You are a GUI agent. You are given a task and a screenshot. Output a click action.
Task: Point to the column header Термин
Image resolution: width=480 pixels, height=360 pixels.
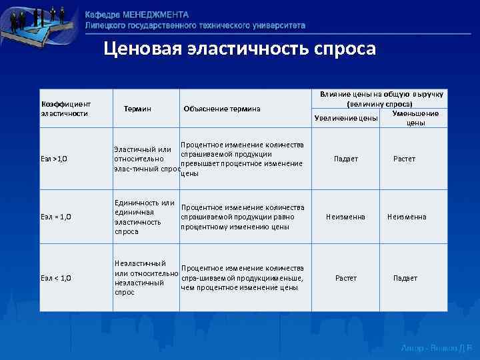point(137,109)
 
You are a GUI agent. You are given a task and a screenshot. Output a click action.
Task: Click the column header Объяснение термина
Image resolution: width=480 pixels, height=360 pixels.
point(222,109)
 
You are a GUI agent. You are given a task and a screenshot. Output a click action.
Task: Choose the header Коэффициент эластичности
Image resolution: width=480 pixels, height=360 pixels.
point(66,109)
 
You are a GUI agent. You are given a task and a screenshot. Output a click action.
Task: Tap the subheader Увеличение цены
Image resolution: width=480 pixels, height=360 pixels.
point(346,119)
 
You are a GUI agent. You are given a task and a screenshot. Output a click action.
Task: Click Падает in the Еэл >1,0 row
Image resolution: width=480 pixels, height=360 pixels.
point(346,159)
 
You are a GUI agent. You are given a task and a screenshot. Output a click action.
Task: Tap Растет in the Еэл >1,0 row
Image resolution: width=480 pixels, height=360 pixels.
point(405,159)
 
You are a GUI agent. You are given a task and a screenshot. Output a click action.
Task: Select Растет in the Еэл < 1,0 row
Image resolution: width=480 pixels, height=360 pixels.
point(346,278)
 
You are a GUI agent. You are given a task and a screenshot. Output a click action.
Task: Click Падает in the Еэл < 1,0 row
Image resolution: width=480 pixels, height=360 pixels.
point(405,278)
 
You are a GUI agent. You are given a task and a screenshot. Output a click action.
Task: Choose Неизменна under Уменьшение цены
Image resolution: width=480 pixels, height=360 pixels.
point(407,217)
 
